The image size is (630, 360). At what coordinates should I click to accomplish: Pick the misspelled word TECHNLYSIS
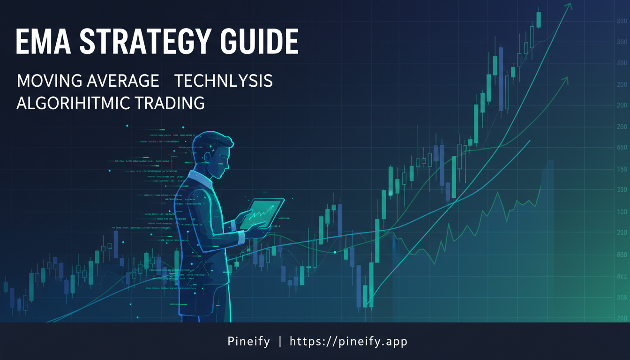point(224,81)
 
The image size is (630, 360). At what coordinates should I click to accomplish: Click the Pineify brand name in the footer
point(248,341)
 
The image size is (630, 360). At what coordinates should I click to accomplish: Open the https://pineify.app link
point(349,341)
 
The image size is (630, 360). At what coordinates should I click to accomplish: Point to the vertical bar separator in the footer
point(280,341)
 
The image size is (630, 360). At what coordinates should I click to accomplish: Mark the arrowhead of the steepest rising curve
point(569,6)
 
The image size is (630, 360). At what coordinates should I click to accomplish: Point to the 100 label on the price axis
point(622,212)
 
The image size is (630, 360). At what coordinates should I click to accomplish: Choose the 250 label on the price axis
point(622,190)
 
